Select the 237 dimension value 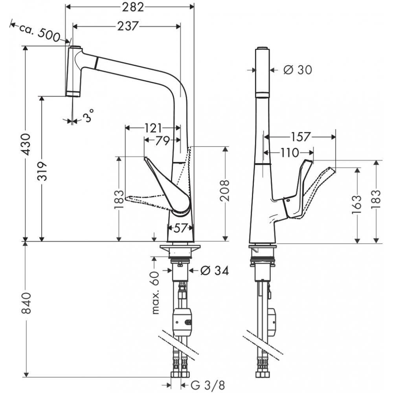pos(127,26)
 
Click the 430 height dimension pos(26,144)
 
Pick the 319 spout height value pos(42,171)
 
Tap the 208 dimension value pos(225,190)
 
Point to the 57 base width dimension pos(180,228)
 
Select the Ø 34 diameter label pos(214,270)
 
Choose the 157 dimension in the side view pos(301,137)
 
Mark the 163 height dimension pos(357,205)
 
